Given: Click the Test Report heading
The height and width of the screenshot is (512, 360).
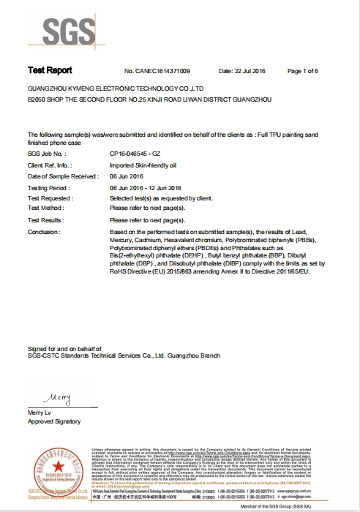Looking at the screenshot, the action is coord(50,70).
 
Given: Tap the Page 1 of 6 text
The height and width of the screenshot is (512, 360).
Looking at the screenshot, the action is coord(316,71).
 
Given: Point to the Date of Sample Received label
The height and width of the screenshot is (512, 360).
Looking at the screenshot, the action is coord(62,176).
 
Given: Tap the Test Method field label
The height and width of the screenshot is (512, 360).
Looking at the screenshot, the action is coord(46,208).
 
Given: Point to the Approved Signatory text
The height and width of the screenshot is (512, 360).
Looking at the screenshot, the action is coord(53,423).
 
